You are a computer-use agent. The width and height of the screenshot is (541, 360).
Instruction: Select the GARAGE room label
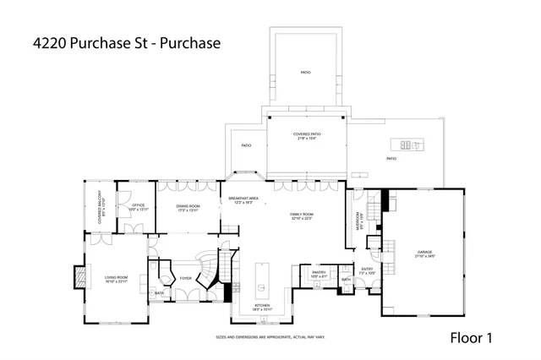pyautogui.click(x=423, y=254)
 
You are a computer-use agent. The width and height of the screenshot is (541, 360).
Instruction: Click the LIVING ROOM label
pyautogui.click(x=116, y=279)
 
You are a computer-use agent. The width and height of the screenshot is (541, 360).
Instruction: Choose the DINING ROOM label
pyautogui.click(x=188, y=208)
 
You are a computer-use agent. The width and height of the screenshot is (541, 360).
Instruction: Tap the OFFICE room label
pyautogui.click(x=138, y=207)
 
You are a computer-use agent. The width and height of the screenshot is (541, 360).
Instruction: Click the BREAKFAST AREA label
pyautogui.click(x=245, y=199)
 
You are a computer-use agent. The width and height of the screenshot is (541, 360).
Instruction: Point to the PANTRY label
pyautogui.click(x=319, y=274)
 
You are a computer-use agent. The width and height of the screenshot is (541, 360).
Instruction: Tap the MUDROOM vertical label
pyautogui.click(x=359, y=221)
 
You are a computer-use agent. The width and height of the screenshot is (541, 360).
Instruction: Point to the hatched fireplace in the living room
pyautogui.click(x=80, y=277)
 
